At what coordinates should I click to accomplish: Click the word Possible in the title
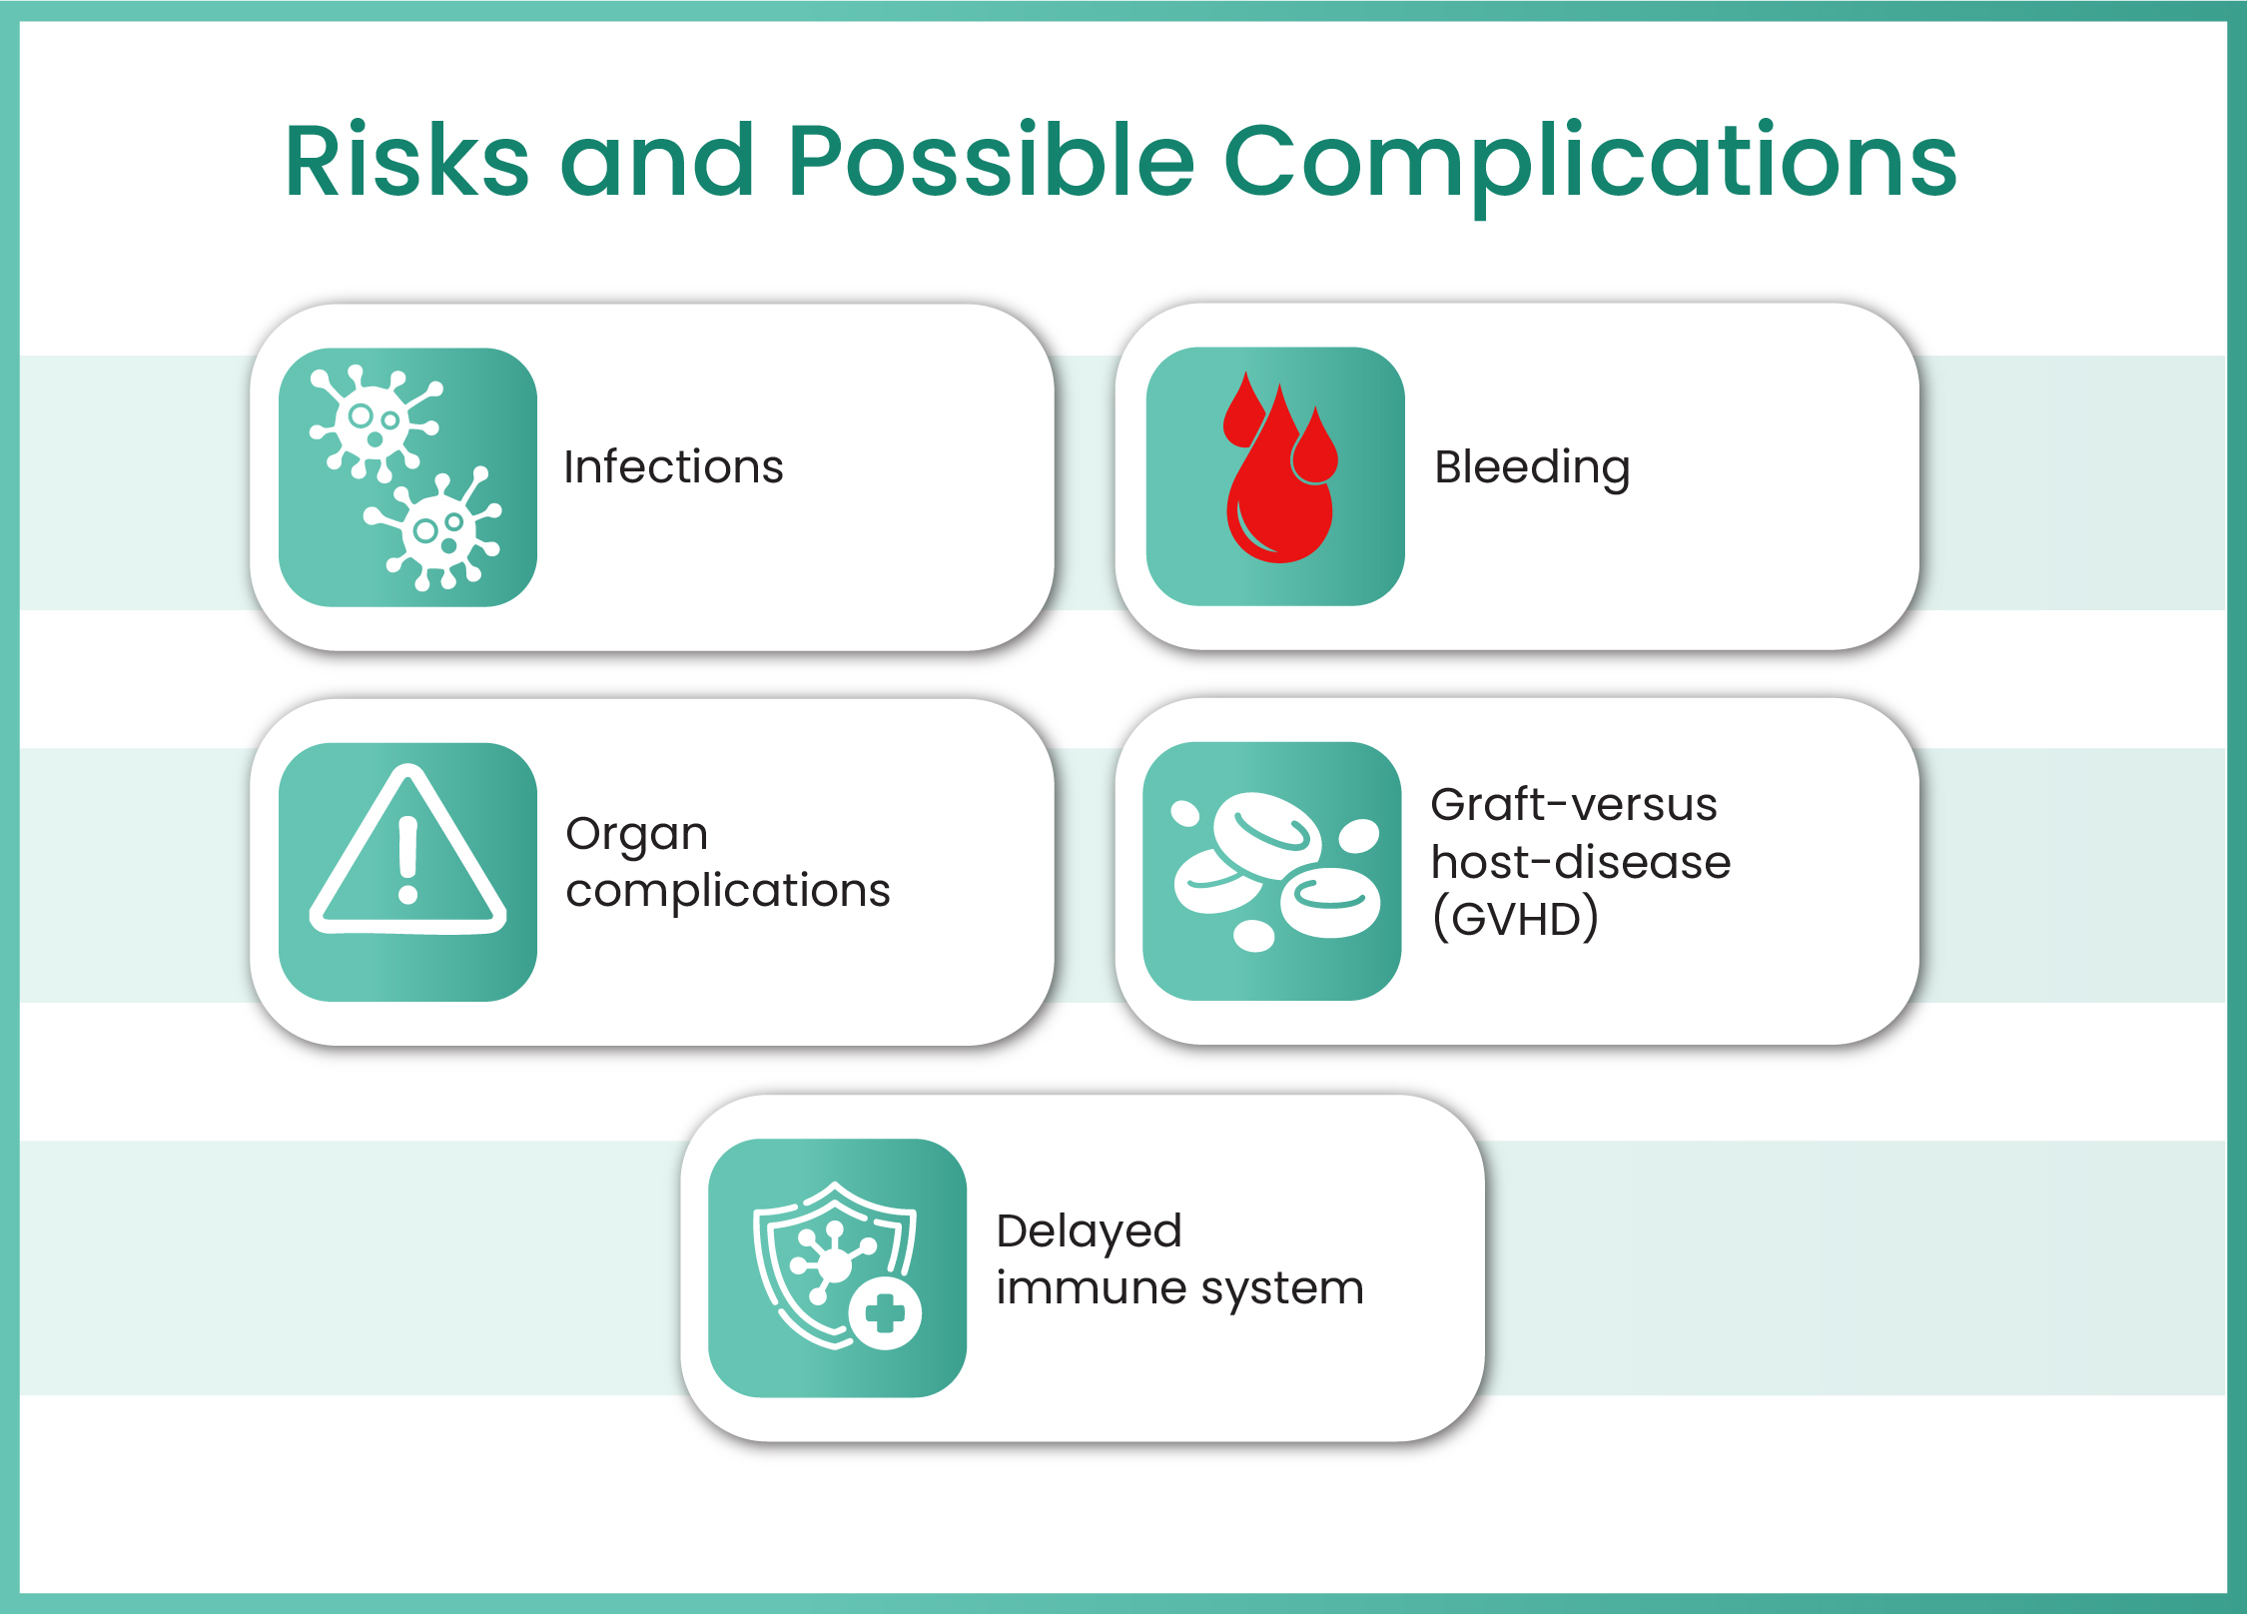990,162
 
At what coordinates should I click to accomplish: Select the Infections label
673,467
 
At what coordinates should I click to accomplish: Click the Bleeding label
1532,467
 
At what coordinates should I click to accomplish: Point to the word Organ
636,835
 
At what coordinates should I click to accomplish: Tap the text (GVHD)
1515,919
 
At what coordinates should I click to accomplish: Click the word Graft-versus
1573,805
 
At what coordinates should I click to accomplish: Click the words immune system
1179,1289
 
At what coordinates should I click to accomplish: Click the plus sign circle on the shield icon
885,1313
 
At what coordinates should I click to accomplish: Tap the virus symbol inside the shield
832,1262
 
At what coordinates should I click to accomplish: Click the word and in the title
656,162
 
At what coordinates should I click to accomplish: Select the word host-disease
1580,863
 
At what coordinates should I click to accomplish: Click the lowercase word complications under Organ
727,891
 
